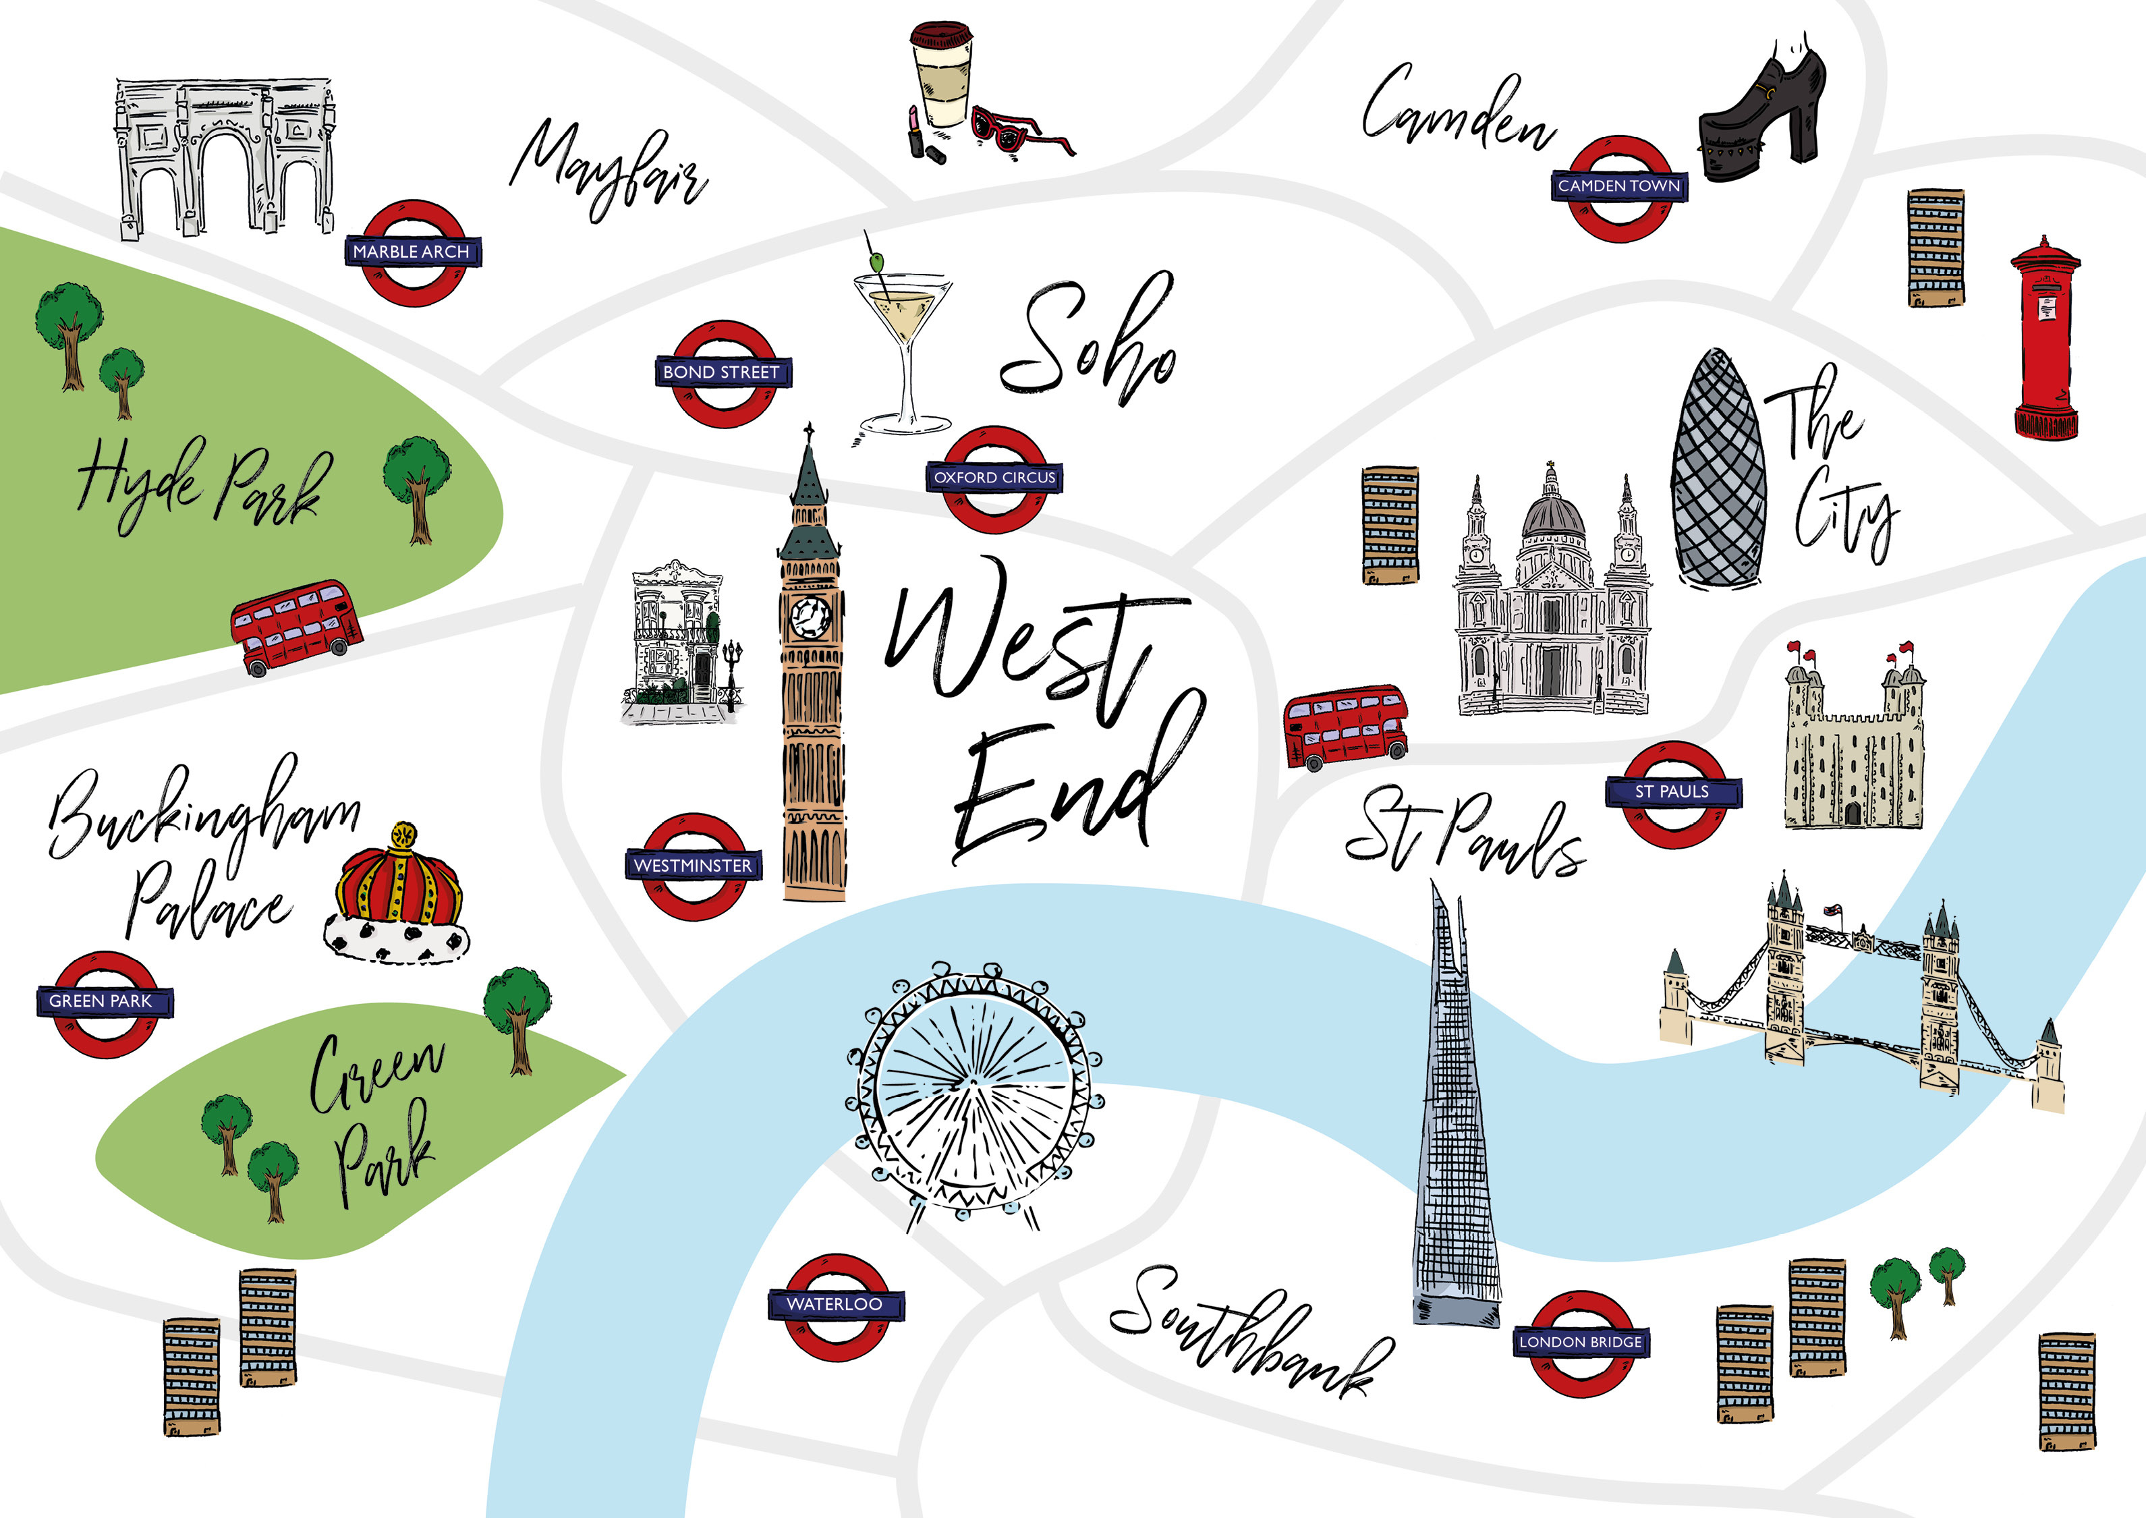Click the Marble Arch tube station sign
412,252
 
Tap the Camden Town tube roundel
1619,187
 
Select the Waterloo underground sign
835,1304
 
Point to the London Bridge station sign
1581,1343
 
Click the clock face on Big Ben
810,616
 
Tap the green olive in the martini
877,262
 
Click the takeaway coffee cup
941,75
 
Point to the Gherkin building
1718,472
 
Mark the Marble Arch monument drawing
225,157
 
